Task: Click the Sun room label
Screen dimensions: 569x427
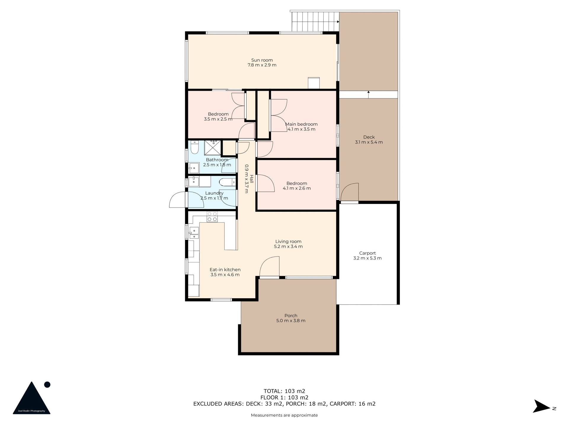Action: click(262, 60)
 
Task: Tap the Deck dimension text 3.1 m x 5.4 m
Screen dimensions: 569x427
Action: click(369, 142)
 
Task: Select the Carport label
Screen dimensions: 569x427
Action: click(367, 253)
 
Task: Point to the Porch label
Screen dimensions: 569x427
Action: click(291, 316)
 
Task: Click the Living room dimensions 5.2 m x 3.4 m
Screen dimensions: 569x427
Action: click(288, 246)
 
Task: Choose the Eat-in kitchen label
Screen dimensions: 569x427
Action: click(225, 270)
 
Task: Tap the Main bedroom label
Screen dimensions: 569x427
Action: click(301, 124)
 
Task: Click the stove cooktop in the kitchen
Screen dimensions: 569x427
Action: click(212, 217)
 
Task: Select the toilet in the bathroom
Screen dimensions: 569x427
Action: click(194, 147)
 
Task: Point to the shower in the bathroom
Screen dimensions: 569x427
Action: click(212, 147)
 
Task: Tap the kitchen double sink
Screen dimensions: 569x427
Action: click(194, 233)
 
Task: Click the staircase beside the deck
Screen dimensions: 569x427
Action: click(315, 22)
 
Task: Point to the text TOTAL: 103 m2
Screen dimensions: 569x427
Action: click(284, 391)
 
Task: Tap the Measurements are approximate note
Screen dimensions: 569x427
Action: click(284, 415)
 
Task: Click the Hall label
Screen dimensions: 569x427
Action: click(252, 179)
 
